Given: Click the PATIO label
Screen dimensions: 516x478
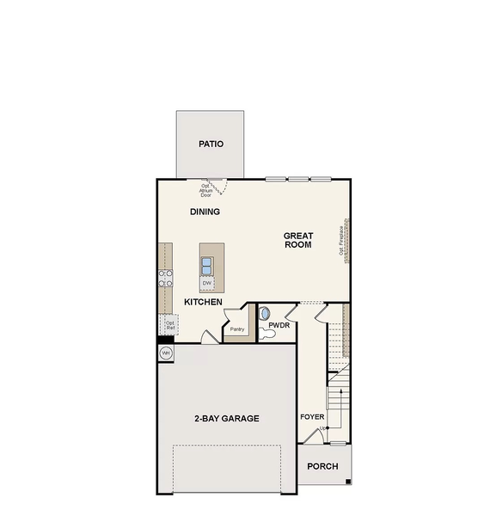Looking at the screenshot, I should point(211,144).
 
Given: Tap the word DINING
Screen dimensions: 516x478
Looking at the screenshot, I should point(205,212).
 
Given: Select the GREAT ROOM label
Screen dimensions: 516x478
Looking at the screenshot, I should point(298,240).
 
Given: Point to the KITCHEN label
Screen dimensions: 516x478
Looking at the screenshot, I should point(204,303).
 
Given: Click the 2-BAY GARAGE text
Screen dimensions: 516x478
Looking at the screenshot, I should point(226,419).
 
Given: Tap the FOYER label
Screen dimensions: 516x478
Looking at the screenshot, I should point(312,417).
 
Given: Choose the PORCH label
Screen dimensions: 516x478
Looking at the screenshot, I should point(322,467).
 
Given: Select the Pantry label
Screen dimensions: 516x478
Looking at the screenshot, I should point(237,329).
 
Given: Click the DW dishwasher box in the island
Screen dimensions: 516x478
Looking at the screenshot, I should point(207,282).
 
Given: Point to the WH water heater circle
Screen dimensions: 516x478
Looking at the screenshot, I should point(165,353).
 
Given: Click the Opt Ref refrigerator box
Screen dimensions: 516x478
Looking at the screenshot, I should point(170,325).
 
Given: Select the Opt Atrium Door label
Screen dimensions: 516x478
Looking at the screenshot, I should point(206,191).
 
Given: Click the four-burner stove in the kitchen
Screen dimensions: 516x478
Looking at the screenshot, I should point(164,278).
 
